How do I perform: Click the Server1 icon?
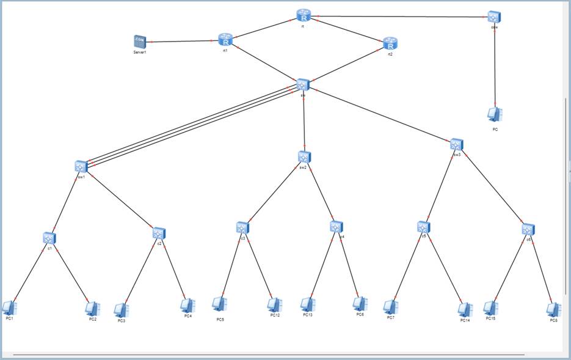(140, 42)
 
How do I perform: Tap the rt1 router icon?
(225, 40)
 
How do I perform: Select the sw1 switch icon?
(81, 166)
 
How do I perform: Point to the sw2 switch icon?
(304, 156)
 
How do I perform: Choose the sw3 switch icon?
(456, 145)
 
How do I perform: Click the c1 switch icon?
(49, 238)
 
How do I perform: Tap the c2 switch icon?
(158, 233)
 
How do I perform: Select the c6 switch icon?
(528, 229)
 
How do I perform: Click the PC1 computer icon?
(9, 307)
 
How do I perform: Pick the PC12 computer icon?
(274, 304)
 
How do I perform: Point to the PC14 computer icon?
(465, 309)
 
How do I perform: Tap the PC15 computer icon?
(490, 307)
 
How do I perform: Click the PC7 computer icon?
(390, 306)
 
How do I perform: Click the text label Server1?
(140, 53)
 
